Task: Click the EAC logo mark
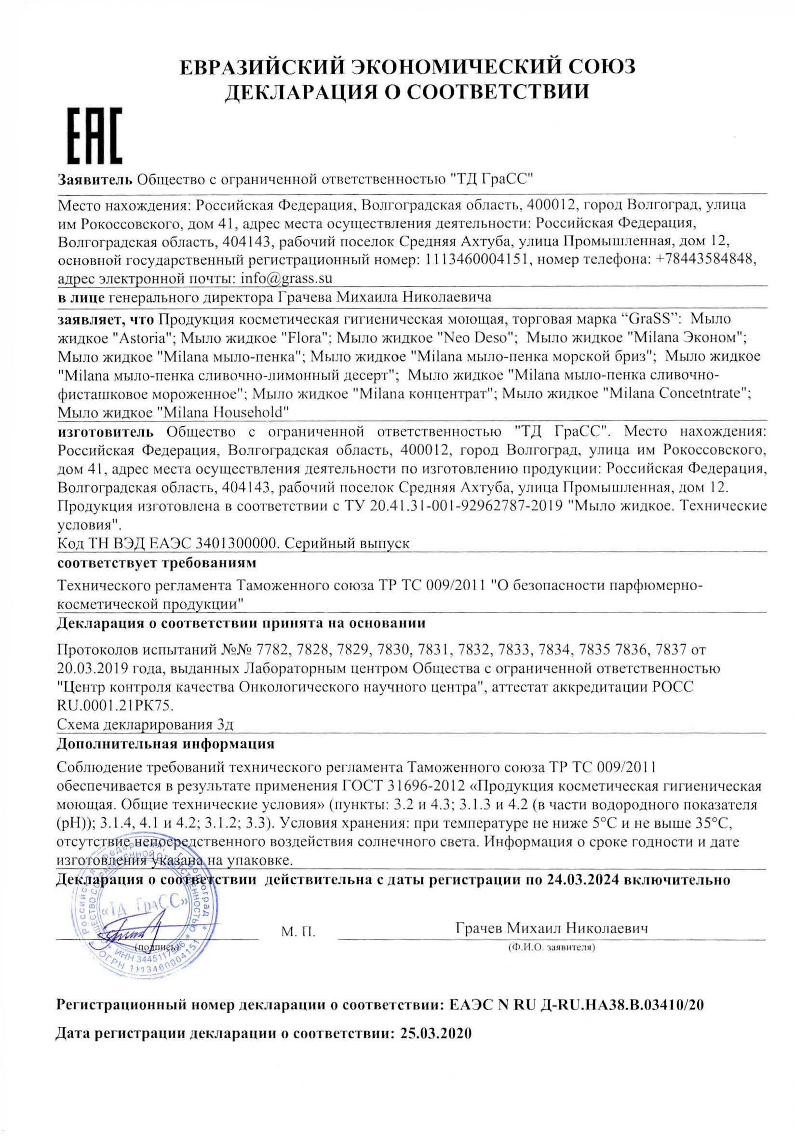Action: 94,136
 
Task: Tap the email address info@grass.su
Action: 286,278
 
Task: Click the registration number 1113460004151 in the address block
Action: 478,259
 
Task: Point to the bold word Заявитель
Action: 95,178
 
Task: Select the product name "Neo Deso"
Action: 477,338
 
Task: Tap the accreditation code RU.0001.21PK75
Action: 115,705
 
